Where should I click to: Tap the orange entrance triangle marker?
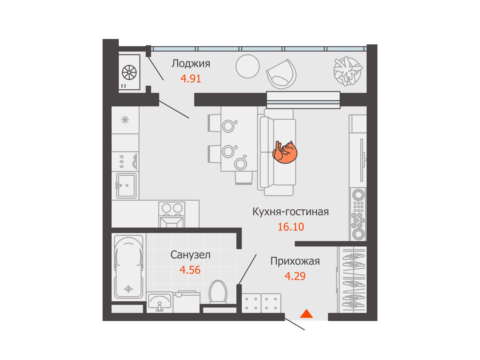tap(306, 313)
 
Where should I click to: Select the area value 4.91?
tap(190, 79)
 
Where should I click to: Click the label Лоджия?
tap(191, 64)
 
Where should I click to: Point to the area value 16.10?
tap(291, 227)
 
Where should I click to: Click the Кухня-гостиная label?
tap(291, 211)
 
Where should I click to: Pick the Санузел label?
tap(190, 255)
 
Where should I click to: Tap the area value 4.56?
tap(190, 270)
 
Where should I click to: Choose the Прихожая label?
tap(295, 261)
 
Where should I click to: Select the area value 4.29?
tap(295, 276)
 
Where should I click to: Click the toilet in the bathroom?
tap(218, 292)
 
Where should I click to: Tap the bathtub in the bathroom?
tap(129, 267)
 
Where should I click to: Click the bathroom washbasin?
tap(160, 302)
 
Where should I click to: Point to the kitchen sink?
tap(126, 186)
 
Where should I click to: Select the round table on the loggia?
tap(247, 66)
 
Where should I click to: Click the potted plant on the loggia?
tap(348, 71)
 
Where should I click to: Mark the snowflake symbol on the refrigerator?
tap(125, 120)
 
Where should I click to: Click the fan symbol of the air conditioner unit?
tap(129, 72)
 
